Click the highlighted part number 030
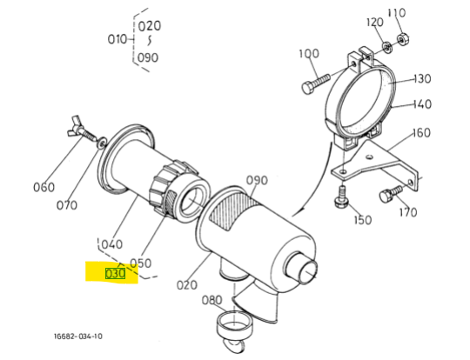coord(115,274)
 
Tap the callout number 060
coord(44,188)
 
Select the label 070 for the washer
coord(66,205)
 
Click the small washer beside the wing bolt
coord(102,142)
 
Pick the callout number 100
coord(309,54)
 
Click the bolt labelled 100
coord(315,83)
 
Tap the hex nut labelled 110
coord(401,39)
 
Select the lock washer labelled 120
coord(387,47)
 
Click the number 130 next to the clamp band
coord(422,79)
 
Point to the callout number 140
coord(422,104)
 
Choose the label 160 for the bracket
coord(421,133)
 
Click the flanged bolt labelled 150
coord(341,197)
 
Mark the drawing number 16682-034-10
coord(78,337)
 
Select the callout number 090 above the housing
coord(257,180)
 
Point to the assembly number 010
coord(117,39)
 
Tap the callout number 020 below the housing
coord(187,285)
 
